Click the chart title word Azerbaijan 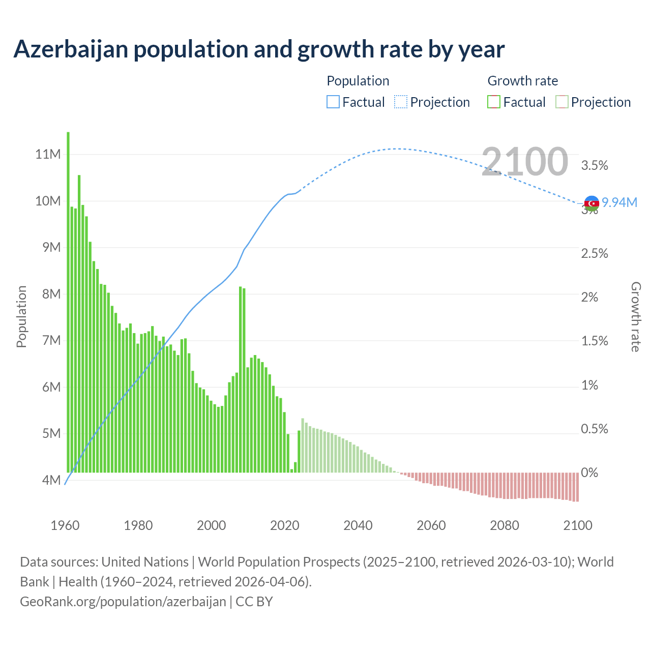[71, 49]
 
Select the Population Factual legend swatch [333, 102]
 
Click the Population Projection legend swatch [400, 102]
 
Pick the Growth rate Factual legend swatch [493, 102]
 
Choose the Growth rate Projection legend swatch [561, 102]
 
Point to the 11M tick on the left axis [48, 154]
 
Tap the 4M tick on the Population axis [51, 480]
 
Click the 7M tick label [51, 340]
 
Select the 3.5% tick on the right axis [595, 165]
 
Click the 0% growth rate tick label [589, 473]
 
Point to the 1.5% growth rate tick [595, 341]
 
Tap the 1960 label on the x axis [65, 525]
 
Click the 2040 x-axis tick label [358, 525]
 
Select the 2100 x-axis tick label [578, 525]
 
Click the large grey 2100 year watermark [524, 161]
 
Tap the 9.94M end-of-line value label [619, 202]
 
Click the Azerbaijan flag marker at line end [591, 203]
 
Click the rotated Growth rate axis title [635, 317]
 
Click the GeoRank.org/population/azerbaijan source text [123, 602]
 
